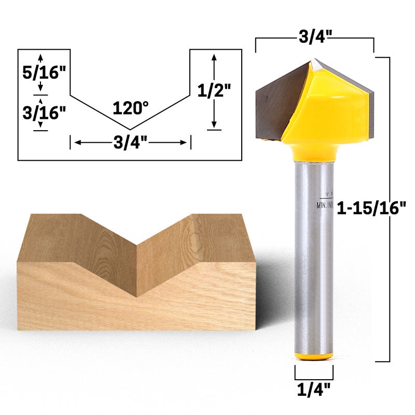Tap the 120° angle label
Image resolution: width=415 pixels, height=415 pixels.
[131, 108]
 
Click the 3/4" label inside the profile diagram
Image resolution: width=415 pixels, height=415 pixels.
[131, 142]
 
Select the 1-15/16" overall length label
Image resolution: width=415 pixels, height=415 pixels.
[370, 209]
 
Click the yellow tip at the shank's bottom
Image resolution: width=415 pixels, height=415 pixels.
[313, 356]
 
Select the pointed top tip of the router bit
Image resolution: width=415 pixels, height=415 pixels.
[314, 61]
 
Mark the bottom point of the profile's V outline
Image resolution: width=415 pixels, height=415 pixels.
[130, 129]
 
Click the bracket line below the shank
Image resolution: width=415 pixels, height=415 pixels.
[314, 379]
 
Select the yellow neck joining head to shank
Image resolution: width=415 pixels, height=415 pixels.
[314, 151]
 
